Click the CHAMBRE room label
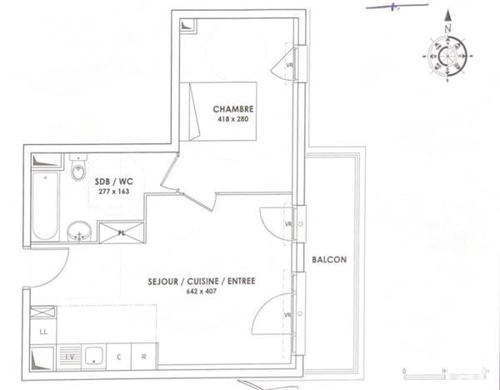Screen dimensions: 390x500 point(232,109)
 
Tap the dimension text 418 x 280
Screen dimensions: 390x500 point(232,120)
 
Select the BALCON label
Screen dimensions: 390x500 point(330,259)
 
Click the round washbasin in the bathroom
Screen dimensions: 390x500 point(79,229)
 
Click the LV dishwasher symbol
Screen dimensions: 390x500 point(71,357)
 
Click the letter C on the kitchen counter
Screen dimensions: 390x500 point(119,357)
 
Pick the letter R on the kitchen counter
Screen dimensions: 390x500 point(143,357)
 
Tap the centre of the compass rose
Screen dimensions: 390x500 point(447,58)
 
